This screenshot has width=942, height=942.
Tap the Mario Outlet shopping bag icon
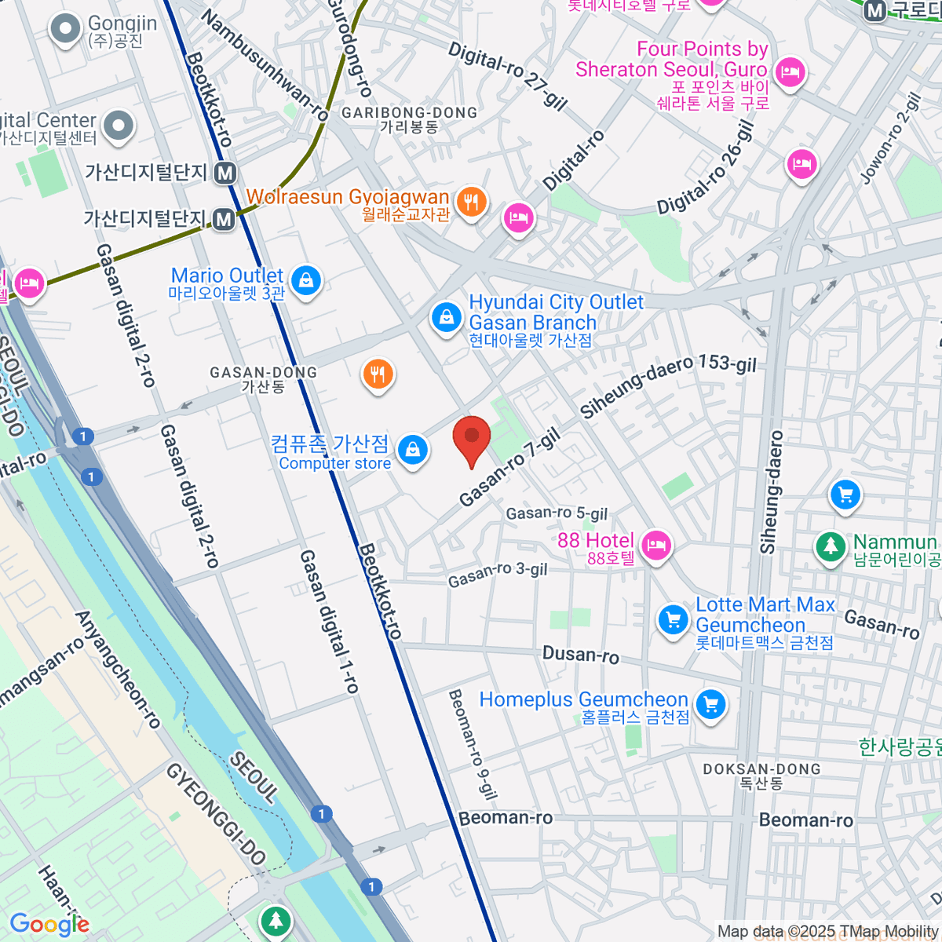[305, 280]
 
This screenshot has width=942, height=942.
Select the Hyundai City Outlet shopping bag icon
[446, 317]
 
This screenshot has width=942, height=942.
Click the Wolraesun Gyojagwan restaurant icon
[471, 202]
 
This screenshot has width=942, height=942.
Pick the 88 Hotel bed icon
[655, 544]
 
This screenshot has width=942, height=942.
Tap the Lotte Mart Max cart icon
[673, 619]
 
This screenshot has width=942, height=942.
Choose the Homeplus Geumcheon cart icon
[711, 703]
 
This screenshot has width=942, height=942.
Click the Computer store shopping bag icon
[412, 451]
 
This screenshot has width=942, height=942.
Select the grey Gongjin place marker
[65, 30]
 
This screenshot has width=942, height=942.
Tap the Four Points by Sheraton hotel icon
[787, 73]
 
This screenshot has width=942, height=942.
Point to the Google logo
[49, 925]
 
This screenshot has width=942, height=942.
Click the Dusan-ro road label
[580, 654]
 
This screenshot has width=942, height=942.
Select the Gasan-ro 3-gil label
[497, 574]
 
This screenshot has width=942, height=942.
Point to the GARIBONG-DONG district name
[409, 113]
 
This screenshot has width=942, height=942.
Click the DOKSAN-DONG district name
[761, 769]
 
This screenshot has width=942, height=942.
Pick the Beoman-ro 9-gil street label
[473, 744]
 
